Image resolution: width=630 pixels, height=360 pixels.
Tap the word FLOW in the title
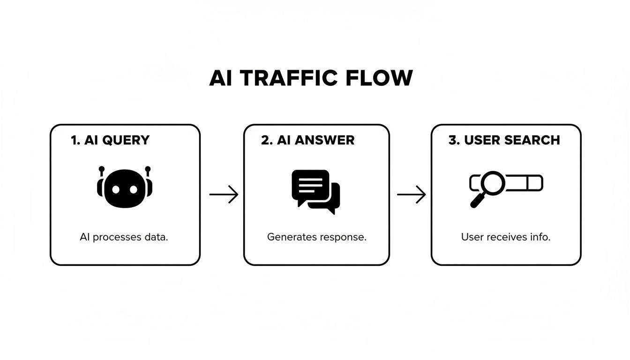pyautogui.click(x=379, y=78)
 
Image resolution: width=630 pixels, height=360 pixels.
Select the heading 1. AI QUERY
pyautogui.click(x=110, y=140)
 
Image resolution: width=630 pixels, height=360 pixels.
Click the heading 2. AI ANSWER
pyautogui.click(x=307, y=140)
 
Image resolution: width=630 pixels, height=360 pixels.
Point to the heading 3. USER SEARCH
pyautogui.click(x=504, y=140)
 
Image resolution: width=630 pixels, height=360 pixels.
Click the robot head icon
pyautogui.click(x=125, y=188)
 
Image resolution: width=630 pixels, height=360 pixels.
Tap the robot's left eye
pyautogui.click(x=115, y=189)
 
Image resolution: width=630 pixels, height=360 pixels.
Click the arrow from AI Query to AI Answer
pyautogui.click(x=224, y=194)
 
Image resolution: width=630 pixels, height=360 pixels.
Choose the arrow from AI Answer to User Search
pyautogui.click(x=411, y=194)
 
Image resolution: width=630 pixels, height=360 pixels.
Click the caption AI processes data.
pyautogui.click(x=124, y=237)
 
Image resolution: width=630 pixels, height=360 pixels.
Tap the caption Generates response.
pyautogui.click(x=316, y=237)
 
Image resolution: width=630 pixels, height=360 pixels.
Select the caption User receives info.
pyautogui.click(x=506, y=237)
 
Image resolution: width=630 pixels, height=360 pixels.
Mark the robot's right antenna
pyautogui.click(x=148, y=169)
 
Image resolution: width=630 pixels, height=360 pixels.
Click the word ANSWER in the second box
pyautogui.click(x=326, y=140)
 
